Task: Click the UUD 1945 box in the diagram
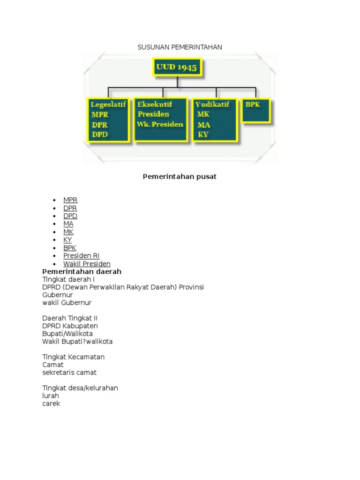point(177,67)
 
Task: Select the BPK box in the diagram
point(256,110)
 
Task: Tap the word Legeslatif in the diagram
point(108,105)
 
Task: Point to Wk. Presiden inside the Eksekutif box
point(160,124)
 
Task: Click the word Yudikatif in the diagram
point(212,105)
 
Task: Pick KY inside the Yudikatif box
point(203,135)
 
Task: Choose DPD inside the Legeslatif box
point(100,135)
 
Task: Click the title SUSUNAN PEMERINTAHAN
point(180,47)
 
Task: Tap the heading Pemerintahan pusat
point(180,177)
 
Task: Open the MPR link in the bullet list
point(70,200)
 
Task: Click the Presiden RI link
point(82,256)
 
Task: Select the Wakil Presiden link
point(87,264)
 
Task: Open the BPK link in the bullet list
point(70,248)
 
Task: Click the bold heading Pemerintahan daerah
point(82,272)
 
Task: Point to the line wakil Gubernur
point(67,303)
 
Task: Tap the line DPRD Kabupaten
point(70,326)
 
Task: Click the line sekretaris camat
point(69,373)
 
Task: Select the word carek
point(51,404)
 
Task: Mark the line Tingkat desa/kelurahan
point(80,388)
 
